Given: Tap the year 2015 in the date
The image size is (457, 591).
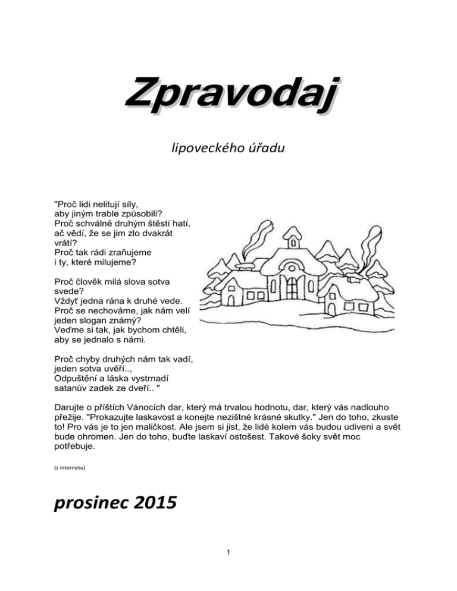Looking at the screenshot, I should coord(152,503).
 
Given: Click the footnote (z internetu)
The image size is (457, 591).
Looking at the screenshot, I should coord(70,468).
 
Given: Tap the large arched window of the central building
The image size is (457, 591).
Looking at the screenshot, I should coord(291,287).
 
